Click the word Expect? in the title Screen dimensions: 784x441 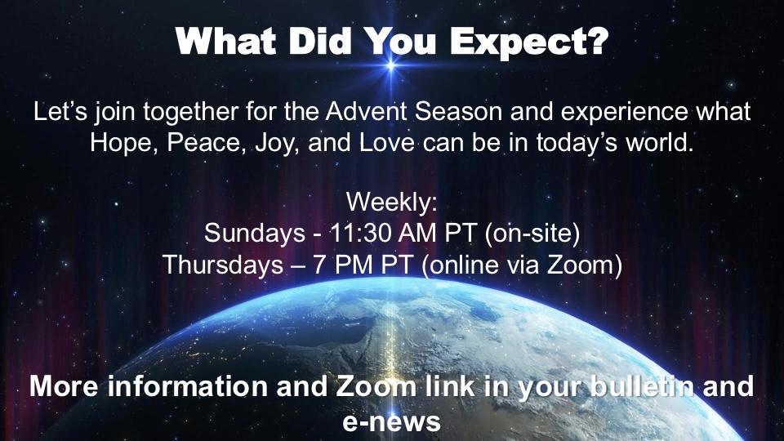tap(529, 42)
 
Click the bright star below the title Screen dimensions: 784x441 tap(391, 65)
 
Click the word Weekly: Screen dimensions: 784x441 tap(391, 202)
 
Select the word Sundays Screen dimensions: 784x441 tap(255, 234)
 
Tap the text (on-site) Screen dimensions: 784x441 tap(532, 234)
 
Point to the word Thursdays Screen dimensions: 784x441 tap(224, 265)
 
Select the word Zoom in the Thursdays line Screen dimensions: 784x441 tap(581, 265)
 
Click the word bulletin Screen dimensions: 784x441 tap(642, 386)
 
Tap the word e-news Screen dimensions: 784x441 tap(391, 421)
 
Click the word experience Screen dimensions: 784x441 tap(625, 112)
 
